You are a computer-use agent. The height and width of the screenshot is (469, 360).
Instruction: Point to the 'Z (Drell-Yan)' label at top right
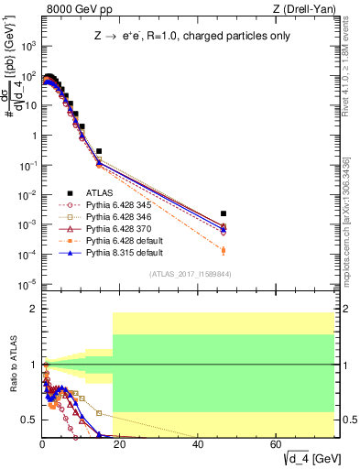click(311, 8)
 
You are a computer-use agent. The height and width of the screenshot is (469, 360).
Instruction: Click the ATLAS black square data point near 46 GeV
click(224, 214)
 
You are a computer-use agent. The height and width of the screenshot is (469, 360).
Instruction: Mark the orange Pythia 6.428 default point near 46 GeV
click(224, 250)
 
